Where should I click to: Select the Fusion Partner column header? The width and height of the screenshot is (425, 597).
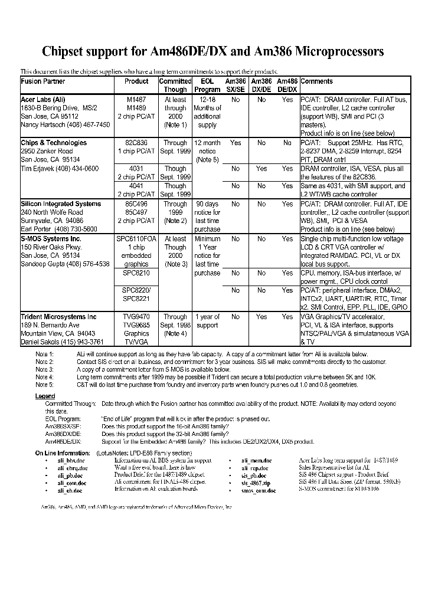point(43,81)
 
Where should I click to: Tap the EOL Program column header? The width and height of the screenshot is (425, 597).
point(207,86)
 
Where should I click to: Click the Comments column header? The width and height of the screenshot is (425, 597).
point(317,81)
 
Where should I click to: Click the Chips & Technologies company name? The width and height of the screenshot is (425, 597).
point(54,143)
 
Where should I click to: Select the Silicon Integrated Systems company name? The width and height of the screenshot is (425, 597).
point(61,204)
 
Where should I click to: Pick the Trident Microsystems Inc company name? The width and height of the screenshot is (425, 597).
point(58,317)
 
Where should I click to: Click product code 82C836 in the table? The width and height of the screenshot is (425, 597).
point(137,143)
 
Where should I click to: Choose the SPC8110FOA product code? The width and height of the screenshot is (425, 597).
point(137,239)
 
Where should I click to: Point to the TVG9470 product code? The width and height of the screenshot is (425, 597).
point(137,317)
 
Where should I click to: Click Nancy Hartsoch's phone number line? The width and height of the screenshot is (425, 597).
point(66,125)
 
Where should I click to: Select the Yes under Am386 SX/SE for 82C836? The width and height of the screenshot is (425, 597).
point(236,143)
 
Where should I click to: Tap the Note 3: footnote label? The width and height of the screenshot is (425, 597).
point(44,369)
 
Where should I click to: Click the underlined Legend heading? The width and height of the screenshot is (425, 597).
point(45,396)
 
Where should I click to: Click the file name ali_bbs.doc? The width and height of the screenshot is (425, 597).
point(71,460)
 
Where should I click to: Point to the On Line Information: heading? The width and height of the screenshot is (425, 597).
point(63,452)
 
